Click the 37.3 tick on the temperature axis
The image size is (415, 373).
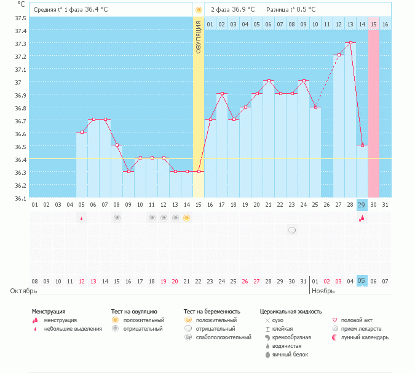[21, 44]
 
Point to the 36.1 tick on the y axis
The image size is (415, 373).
[21, 198]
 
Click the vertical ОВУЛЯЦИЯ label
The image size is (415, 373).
[198, 37]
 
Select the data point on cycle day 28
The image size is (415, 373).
[350, 43]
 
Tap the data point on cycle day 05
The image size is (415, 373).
[82, 132]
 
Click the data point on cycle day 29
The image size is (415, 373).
[362, 145]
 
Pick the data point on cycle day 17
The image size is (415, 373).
[222, 93]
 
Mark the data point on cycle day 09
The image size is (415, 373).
[128, 171]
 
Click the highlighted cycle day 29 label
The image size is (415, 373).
[362, 205]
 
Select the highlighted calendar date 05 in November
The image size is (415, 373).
[362, 281]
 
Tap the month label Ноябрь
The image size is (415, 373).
[323, 291]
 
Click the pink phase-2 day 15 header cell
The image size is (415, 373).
[374, 24]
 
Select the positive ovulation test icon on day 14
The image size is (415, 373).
[187, 218]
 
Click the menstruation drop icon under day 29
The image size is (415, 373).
[362, 218]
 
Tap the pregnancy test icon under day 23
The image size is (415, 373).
[292, 230]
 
